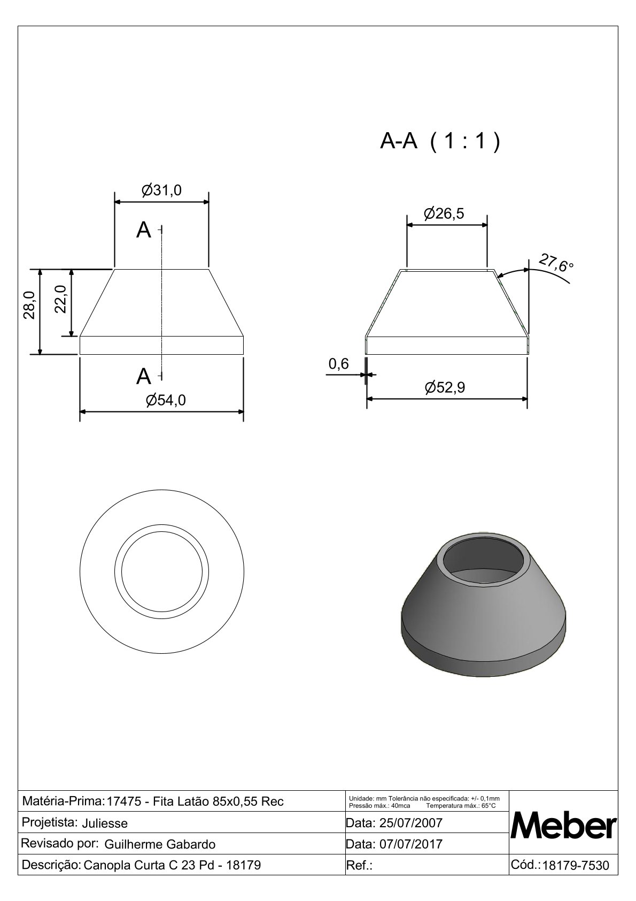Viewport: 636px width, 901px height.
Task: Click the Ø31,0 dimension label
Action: click(161, 190)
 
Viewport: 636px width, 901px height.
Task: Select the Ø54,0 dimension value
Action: click(166, 400)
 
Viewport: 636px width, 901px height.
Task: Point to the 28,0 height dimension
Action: click(29, 306)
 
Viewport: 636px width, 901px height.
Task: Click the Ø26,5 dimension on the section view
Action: click(444, 213)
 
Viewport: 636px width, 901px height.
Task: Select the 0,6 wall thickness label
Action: click(339, 364)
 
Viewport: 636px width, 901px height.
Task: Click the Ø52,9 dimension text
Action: click(445, 387)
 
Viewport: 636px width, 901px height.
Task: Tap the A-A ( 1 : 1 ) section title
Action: click(440, 141)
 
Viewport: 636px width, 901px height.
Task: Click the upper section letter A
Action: click(144, 230)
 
